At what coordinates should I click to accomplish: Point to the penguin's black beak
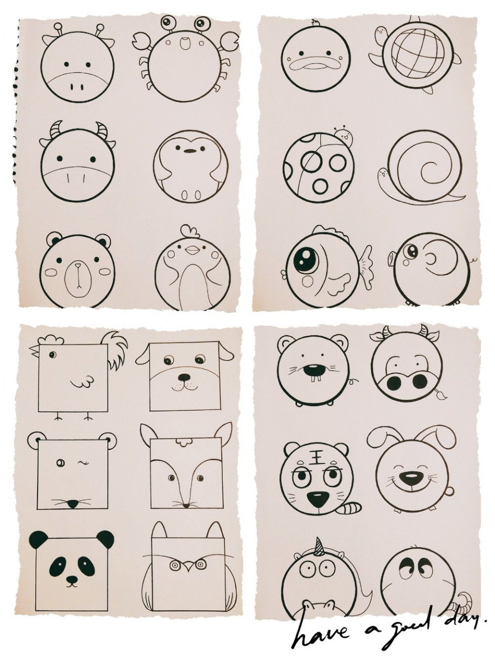click(x=189, y=151)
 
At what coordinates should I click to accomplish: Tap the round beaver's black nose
click(x=313, y=371)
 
